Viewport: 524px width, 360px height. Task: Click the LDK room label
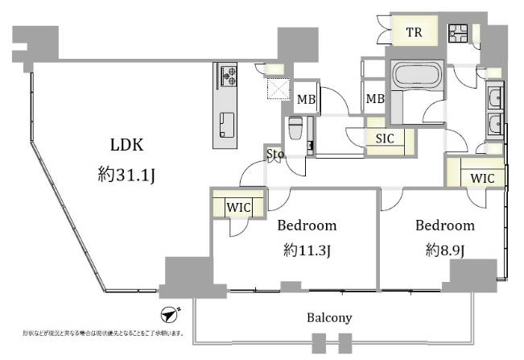126,145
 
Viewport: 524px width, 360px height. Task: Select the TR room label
414,33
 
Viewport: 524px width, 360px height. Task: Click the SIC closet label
385,138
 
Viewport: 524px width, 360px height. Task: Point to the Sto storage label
274,153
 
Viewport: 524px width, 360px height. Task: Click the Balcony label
329,317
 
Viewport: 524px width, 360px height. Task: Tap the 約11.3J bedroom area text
307,250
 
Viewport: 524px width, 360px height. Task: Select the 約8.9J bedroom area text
445,250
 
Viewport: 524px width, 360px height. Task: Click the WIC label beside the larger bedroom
239,208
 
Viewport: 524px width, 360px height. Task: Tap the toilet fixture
295,129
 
